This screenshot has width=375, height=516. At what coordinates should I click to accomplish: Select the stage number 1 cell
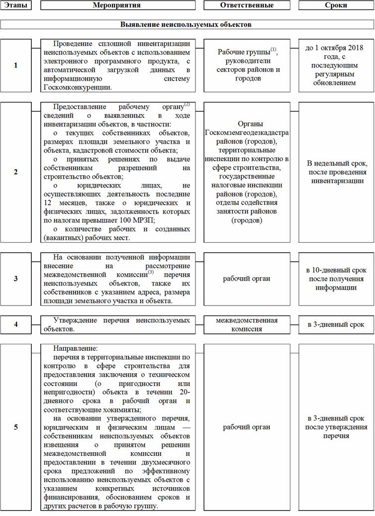click(16, 65)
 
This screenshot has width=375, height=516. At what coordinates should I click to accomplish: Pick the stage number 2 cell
click(16, 172)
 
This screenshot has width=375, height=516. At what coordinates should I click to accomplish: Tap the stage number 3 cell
click(16, 279)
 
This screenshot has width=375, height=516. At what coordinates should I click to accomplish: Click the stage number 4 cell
click(16, 324)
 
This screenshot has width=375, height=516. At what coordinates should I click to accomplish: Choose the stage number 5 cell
click(16, 427)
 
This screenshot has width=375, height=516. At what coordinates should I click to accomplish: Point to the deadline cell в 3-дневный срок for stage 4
click(336, 324)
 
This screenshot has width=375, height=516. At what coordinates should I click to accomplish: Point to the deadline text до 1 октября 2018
click(336, 49)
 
